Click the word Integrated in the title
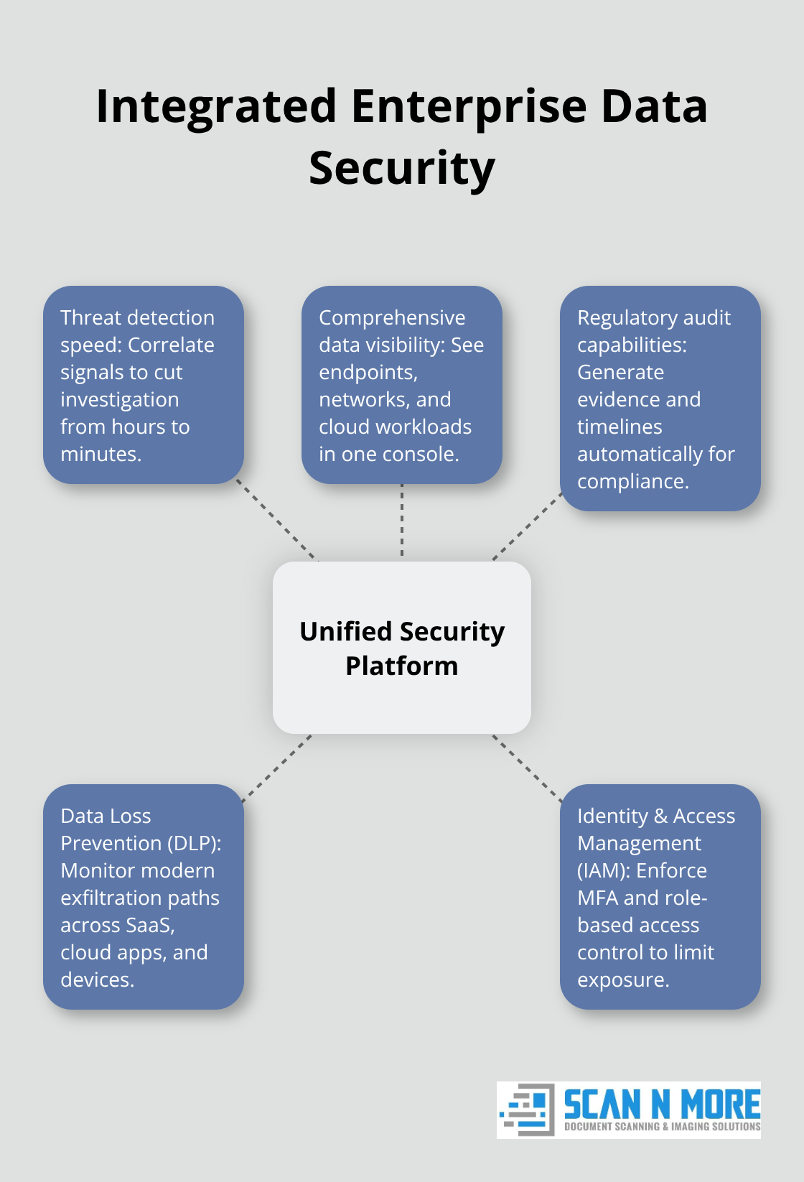216,106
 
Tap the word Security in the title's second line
401,168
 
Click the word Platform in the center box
401,666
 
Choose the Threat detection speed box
143,385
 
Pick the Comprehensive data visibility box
401,385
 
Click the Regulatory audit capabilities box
660,399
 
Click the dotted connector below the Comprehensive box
402,521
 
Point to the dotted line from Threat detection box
277,521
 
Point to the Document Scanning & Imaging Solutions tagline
662,1127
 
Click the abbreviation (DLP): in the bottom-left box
195,843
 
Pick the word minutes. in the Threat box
100,454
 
